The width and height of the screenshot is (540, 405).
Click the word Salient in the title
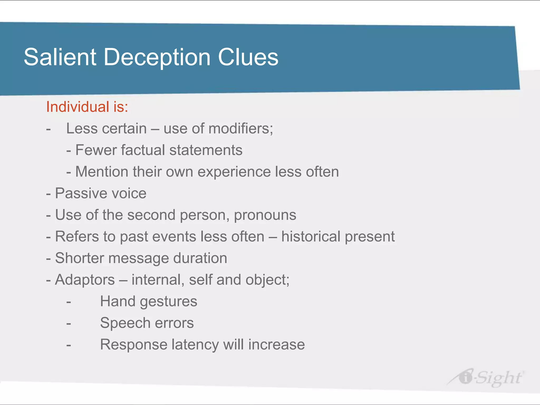[x=60, y=57]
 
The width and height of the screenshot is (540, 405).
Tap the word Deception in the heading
[x=157, y=57]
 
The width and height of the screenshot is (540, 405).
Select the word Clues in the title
[x=248, y=57]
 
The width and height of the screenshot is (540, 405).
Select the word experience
[x=234, y=172]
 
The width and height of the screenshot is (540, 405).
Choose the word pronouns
[x=265, y=215]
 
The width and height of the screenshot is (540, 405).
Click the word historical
[x=311, y=236]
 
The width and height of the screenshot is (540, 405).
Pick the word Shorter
[x=79, y=258]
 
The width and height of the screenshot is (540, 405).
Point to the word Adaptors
[x=85, y=279]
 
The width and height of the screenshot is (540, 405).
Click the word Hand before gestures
[x=118, y=301]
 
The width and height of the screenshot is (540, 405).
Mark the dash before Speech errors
[x=69, y=323]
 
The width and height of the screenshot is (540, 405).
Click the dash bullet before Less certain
[x=48, y=129]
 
